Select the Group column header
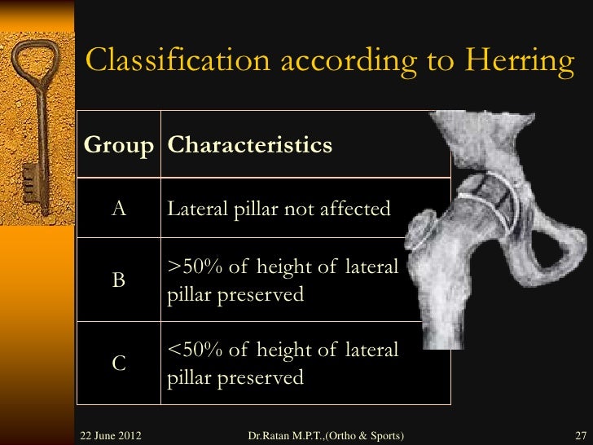click(x=119, y=146)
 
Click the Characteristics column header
click(x=250, y=146)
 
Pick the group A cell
click(x=119, y=209)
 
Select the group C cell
click(x=119, y=363)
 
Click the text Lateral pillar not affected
click(x=279, y=209)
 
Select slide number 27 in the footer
click(x=580, y=434)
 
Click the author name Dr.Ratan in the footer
click(x=274, y=434)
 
